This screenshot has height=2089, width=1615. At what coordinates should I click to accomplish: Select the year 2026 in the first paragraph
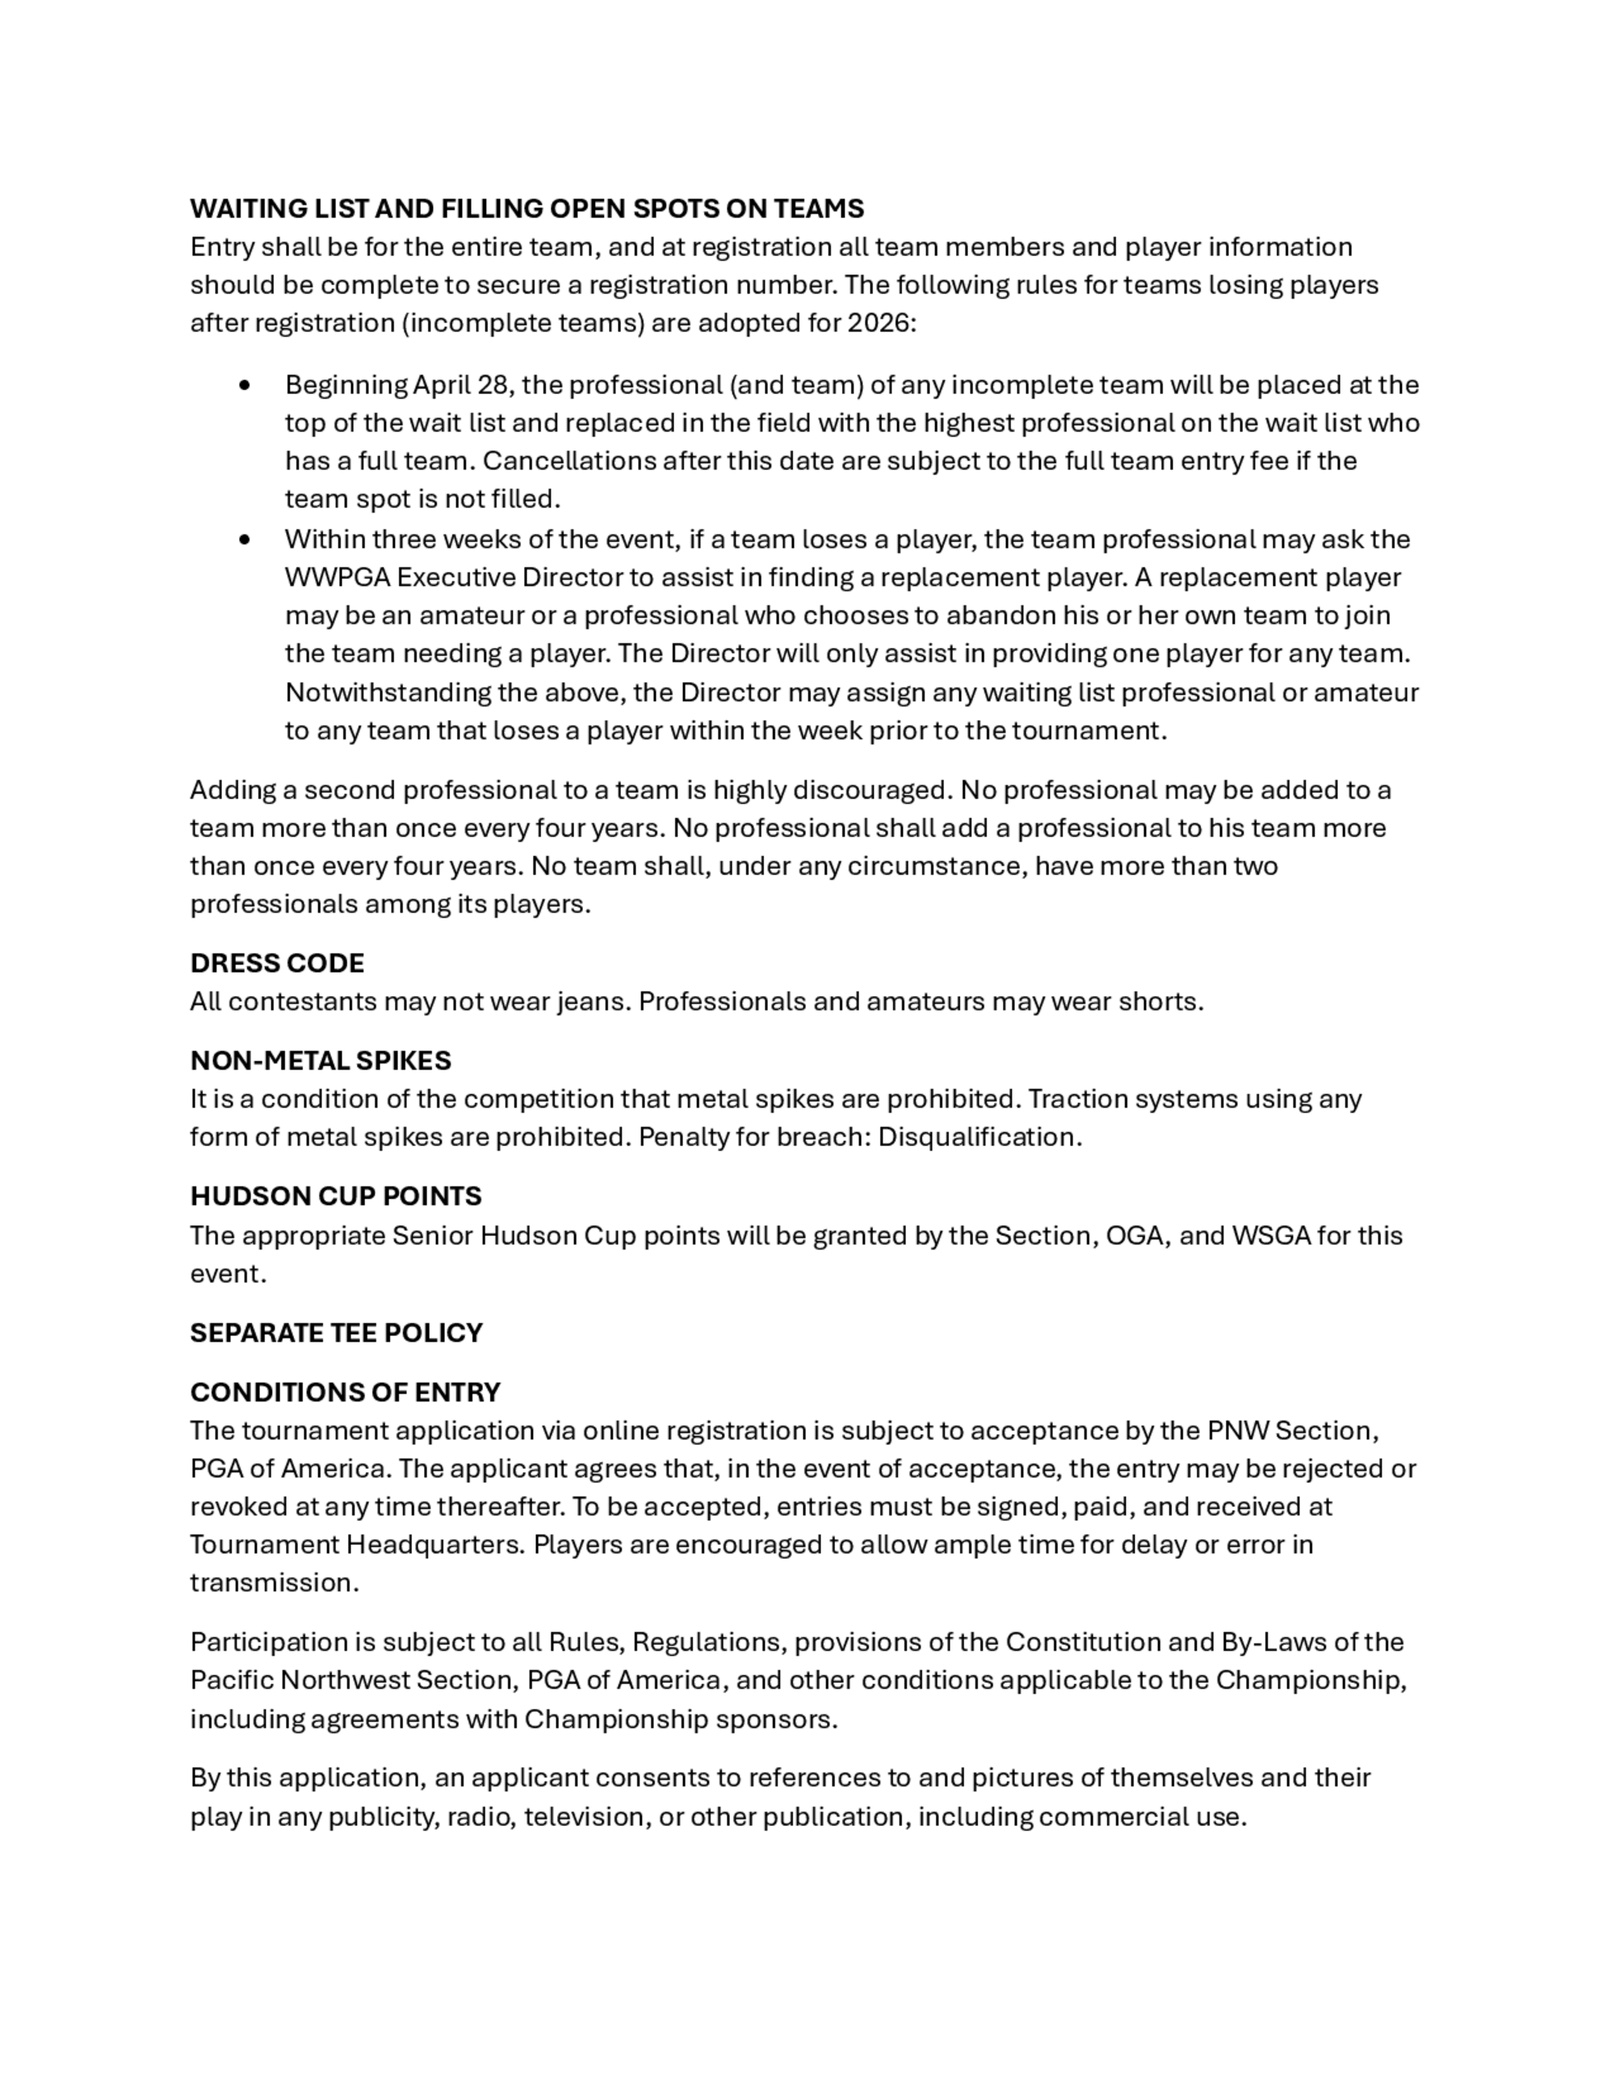pyautogui.click(x=879, y=324)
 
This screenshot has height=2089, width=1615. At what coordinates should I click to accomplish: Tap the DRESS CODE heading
pyautogui.click(x=276, y=963)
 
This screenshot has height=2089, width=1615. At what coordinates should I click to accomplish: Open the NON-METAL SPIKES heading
pyautogui.click(x=321, y=1061)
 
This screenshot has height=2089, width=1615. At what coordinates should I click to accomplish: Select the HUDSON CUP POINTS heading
pyautogui.click(x=336, y=1196)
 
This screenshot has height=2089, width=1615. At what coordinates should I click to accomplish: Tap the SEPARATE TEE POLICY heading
pyautogui.click(x=336, y=1333)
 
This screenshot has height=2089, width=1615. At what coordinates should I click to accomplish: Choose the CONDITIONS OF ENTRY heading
pyautogui.click(x=345, y=1392)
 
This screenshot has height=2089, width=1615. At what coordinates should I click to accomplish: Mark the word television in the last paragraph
pyautogui.click(x=583, y=1816)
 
